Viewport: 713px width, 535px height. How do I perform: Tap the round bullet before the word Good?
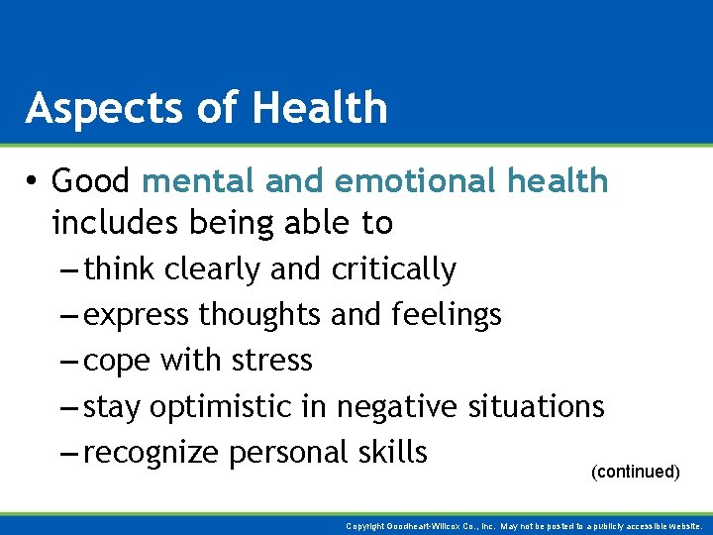(x=33, y=182)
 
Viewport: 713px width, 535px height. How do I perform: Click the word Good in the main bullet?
(x=91, y=181)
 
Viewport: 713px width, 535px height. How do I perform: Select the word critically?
(x=394, y=269)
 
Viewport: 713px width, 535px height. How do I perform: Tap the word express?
(x=137, y=316)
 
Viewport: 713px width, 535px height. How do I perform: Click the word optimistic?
(x=241, y=407)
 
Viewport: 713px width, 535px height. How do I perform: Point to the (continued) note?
(x=635, y=473)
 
